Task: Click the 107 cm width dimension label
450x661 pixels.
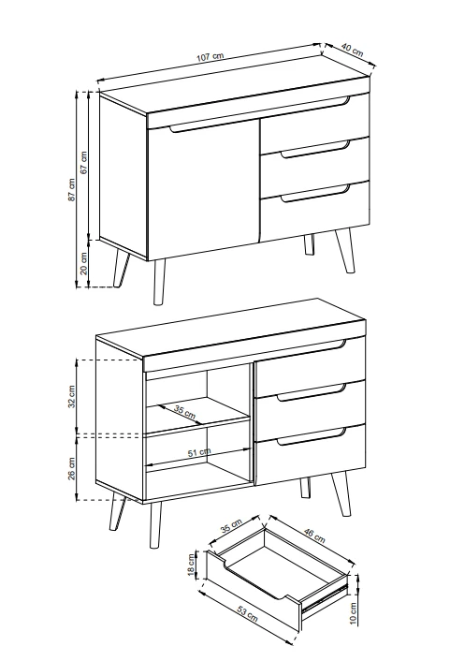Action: tap(210, 57)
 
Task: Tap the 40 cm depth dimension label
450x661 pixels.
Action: tap(352, 50)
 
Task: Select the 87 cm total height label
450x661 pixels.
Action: tap(72, 189)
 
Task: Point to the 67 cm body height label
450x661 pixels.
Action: tap(83, 162)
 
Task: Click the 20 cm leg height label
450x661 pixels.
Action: tap(84, 263)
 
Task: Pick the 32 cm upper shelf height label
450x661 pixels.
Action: tap(72, 396)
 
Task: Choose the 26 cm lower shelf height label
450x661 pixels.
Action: tap(72, 468)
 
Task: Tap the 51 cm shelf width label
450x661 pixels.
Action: tap(199, 452)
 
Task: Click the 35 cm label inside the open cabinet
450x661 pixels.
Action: tap(185, 412)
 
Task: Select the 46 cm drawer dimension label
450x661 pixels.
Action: tap(314, 535)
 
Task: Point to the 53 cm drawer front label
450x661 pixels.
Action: tap(247, 614)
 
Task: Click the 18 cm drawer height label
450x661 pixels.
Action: tap(192, 566)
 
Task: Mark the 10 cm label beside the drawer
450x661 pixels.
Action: tap(353, 613)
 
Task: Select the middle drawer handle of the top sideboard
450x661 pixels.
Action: tap(315, 150)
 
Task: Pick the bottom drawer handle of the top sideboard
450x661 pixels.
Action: tap(315, 194)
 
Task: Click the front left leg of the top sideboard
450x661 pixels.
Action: tap(159, 282)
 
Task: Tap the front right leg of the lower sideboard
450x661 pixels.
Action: tap(341, 494)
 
